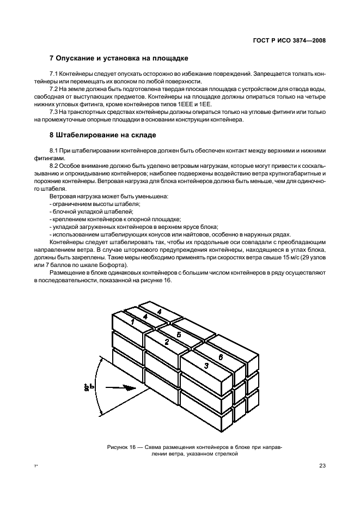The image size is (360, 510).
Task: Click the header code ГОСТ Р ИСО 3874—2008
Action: (292, 40)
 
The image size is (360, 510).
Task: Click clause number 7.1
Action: (54, 73)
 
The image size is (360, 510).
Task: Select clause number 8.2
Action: (54, 165)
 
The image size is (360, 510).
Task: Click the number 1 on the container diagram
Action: (132, 323)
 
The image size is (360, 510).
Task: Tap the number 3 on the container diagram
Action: (206, 365)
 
